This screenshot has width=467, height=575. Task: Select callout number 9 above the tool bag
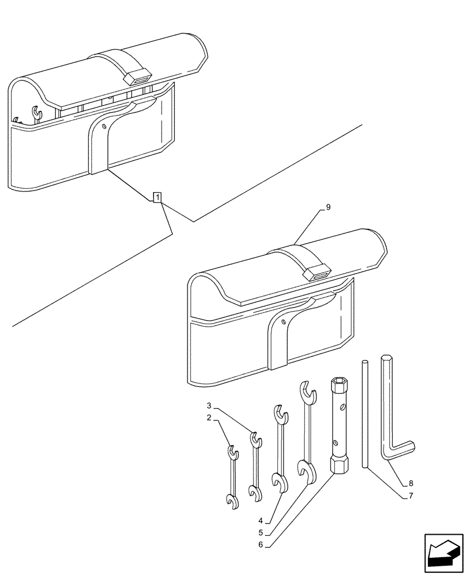tap(328, 208)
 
